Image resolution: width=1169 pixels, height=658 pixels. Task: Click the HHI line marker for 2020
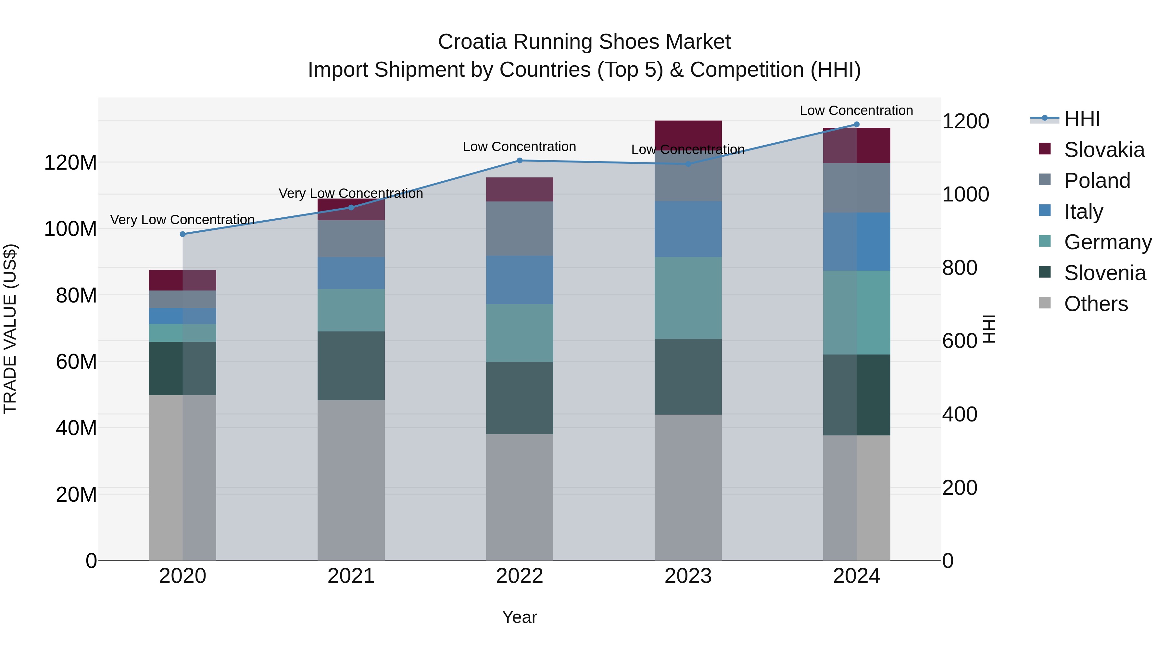pyautogui.click(x=183, y=234)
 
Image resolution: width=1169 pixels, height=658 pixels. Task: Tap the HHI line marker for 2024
pyautogui.click(x=857, y=124)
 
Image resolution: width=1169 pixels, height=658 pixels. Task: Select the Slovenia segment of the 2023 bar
pyautogui.click(x=688, y=377)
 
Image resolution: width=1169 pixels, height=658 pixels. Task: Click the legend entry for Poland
pyautogui.click(x=1097, y=181)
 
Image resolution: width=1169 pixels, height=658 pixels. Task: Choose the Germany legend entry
pyautogui.click(x=1107, y=242)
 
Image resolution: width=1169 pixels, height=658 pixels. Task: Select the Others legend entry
pyautogui.click(x=1096, y=304)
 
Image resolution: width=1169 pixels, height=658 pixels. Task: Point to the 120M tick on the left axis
pyautogui.click(x=70, y=162)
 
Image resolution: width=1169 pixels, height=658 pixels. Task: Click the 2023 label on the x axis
pyautogui.click(x=688, y=576)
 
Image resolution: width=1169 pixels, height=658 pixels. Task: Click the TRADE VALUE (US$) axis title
pyautogui.click(x=10, y=329)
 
